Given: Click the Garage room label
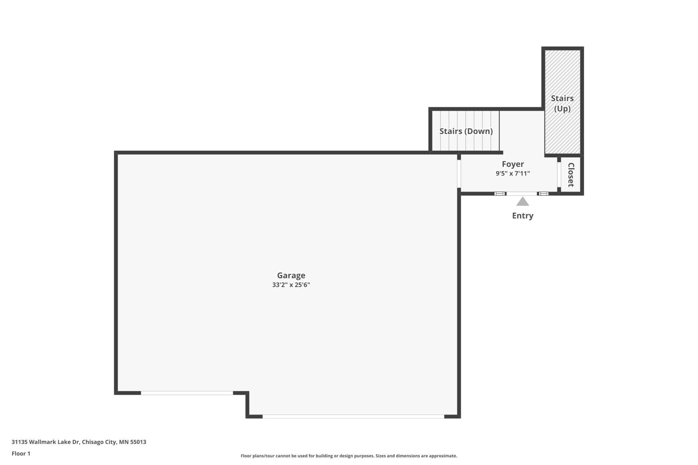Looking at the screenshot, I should coord(291,275).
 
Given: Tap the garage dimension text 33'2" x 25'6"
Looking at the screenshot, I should coord(291,285).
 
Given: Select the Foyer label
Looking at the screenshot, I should coord(513,164).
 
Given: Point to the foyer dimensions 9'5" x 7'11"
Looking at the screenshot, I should coord(513,173).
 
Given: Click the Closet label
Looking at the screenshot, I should coord(571,175).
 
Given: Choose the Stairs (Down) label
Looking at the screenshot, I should coord(466,131).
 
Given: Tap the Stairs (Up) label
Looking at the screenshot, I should coord(562,103).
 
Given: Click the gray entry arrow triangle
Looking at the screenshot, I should coord(522,202).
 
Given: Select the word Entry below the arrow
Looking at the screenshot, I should coord(522,216).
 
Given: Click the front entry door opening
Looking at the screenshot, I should coord(521,194).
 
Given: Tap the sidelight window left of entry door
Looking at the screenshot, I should coord(500,194).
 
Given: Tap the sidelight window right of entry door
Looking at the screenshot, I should coord(543,194).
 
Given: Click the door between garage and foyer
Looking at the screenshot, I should coord(459,174).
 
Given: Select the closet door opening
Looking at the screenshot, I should coord(559,174).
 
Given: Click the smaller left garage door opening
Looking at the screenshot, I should coord(187,393).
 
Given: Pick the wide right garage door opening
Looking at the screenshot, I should coord(353,416).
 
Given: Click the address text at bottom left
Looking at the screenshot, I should coord(79,442).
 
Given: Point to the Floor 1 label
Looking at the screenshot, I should coord(21,454).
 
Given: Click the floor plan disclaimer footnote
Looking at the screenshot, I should coord(349,456).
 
